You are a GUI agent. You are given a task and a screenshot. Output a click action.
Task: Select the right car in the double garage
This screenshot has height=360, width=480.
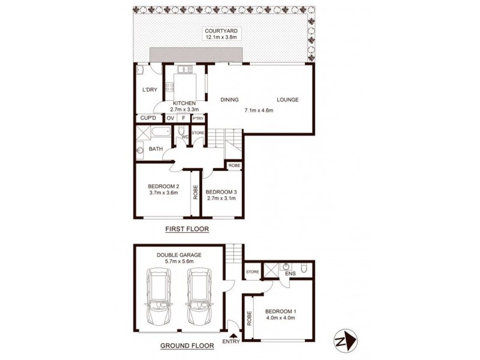coord(197,295)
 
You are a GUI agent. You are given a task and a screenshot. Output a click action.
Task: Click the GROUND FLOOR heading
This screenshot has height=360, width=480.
coord(185,346)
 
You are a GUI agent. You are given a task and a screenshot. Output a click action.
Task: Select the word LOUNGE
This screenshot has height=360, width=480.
coord(287,100)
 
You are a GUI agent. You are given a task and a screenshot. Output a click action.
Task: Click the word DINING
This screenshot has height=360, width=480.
coord(230,100)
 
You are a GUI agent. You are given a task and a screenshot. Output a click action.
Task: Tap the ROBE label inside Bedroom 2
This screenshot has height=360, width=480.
coord(196,192)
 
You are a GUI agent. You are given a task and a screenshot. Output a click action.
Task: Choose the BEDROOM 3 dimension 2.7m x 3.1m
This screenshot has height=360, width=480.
coord(221,198)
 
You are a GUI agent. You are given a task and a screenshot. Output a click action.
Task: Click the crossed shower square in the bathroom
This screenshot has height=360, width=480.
coord(142,133)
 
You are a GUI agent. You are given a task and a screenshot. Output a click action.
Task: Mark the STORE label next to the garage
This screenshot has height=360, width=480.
coord(252,272)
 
